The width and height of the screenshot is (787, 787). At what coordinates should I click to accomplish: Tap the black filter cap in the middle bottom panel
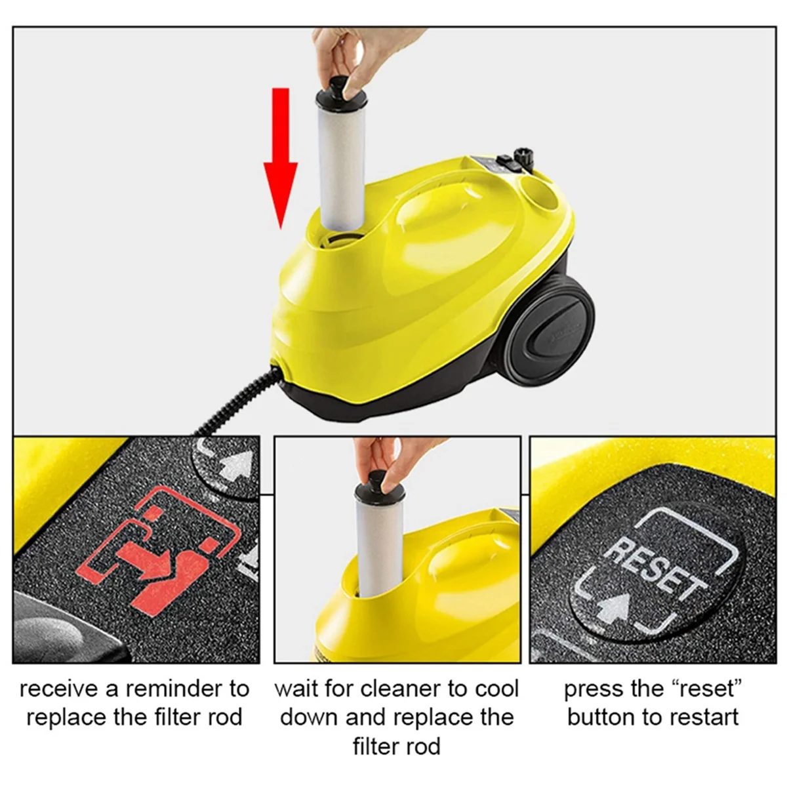coord(372,491)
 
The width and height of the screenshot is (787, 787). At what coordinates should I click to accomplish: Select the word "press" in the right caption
coord(593,689)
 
